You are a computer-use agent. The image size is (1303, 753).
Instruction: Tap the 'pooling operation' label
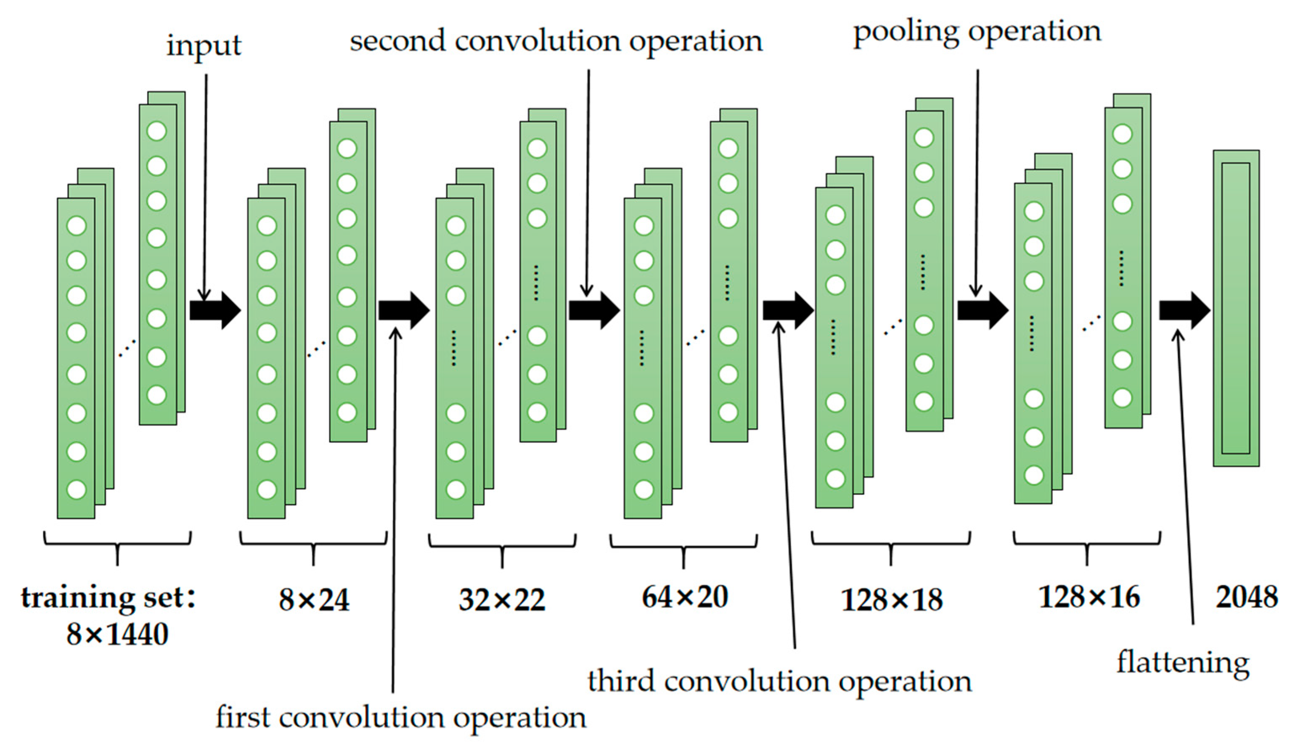click(977, 32)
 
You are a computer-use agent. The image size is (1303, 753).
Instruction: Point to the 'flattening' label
click(1183, 663)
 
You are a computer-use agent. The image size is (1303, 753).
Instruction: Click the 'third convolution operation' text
click(780, 682)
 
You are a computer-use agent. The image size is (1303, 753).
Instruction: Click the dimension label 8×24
click(314, 600)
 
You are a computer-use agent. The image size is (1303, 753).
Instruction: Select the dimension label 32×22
click(501, 600)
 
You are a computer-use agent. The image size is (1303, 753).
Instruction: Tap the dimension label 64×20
click(685, 597)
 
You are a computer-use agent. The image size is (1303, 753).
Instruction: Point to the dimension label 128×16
click(1089, 597)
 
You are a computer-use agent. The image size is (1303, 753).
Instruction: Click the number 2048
click(1246, 597)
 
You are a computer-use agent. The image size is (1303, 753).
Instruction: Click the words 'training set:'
click(108, 598)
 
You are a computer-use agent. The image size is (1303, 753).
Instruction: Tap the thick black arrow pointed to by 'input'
click(215, 310)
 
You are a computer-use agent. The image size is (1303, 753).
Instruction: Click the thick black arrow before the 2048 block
click(1184, 310)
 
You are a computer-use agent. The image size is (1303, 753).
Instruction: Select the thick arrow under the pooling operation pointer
click(983, 310)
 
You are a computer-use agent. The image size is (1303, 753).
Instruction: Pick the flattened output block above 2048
click(1236, 308)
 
